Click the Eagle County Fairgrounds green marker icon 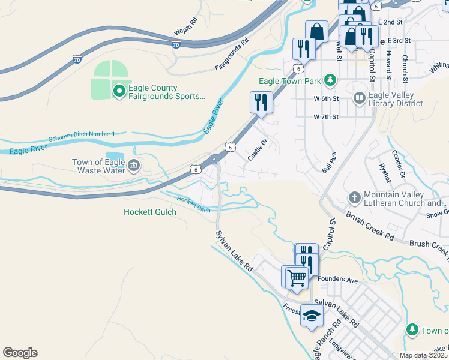(x=119, y=91)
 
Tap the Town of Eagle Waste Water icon (x=133, y=166)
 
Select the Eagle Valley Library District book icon (x=359, y=98)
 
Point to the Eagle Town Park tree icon (x=329, y=80)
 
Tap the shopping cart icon (x=297, y=277)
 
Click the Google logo (x=20, y=353)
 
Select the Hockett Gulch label (x=150, y=212)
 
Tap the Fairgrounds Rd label (x=232, y=55)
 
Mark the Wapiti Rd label (x=185, y=27)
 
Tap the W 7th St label (x=326, y=116)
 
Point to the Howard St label (x=389, y=66)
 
